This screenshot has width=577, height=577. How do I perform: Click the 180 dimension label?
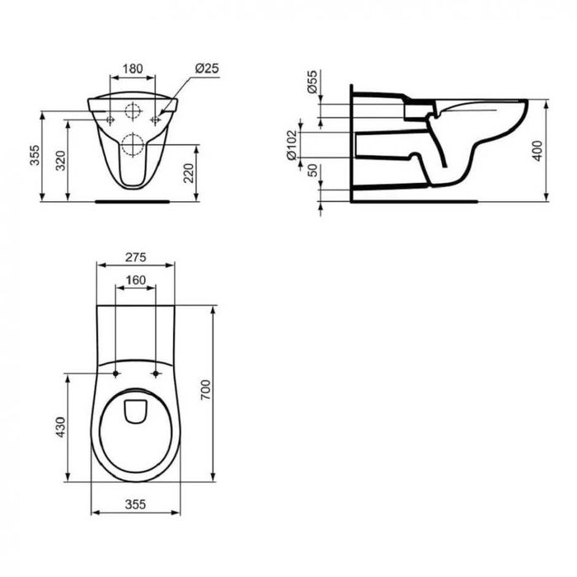[x=133, y=68]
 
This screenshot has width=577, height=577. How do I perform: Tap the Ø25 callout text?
[x=207, y=68]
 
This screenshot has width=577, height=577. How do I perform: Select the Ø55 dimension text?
[x=312, y=82]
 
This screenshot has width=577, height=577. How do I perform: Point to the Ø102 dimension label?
[x=292, y=144]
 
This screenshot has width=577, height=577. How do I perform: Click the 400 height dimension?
[x=537, y=151]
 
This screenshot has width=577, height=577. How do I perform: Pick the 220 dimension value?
[x=189, y=173]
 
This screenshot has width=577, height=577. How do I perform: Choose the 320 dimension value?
[x=60, y=161]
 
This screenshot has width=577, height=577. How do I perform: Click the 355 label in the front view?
[x=35, y=155]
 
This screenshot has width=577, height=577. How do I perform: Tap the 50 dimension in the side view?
[x=312, y=171]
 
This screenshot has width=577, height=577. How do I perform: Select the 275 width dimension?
[x=136, y=257]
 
